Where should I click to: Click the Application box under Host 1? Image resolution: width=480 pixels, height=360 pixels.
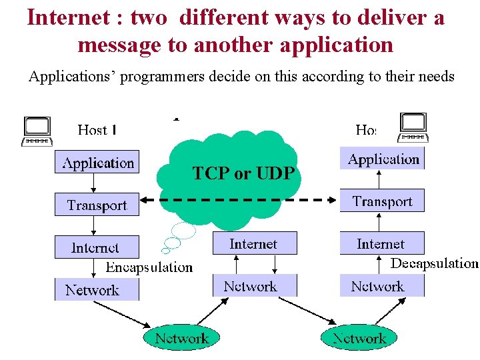click(x=97, y=162)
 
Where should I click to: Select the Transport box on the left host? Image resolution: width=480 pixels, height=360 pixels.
click(x=97, y=205)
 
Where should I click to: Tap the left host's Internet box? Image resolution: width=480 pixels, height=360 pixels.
click(x=97, y=247)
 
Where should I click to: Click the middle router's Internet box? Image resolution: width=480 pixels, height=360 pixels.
click(x=254, y=243)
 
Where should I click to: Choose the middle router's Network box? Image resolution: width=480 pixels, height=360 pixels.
click(x=254, y=286)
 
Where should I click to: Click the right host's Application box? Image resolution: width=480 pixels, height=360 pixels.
click(x=382, y=159)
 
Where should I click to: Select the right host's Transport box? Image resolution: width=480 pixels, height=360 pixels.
click(x=382, y=201)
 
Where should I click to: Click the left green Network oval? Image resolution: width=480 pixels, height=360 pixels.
click(x=181, y=338)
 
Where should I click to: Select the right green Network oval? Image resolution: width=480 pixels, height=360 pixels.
click(x=359, y=338)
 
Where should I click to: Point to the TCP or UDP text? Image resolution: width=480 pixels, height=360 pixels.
click(x=243, y=174)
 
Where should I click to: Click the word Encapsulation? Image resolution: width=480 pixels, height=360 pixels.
click(x=149, y=267)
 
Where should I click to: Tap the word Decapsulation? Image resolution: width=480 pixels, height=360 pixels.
click(x=434, y=263)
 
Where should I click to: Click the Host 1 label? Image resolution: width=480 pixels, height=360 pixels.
click(x=97, y=129)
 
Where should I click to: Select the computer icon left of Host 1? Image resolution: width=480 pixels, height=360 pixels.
click(x=37, y=131)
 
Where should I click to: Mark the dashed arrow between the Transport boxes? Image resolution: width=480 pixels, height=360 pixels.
click(x=240, y=199)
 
